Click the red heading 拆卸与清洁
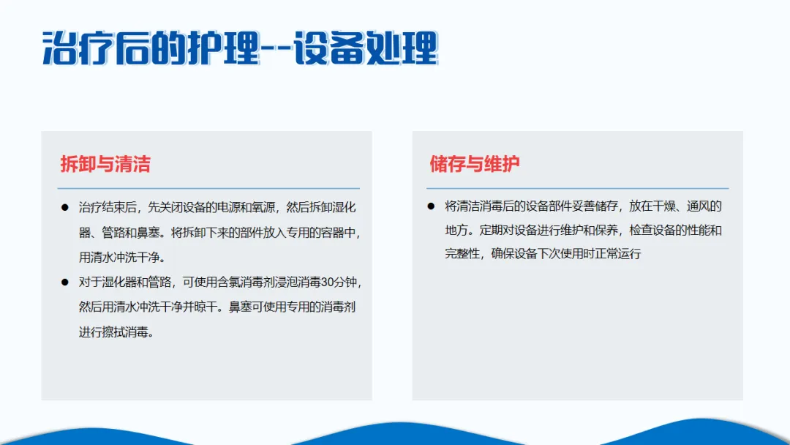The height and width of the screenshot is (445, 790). click(x=105, y=164)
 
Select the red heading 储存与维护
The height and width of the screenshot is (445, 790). click(x=475, y=164)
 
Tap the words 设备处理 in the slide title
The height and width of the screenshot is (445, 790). click(x=366, y=48)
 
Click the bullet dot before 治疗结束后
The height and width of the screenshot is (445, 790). click(x=64, y=207)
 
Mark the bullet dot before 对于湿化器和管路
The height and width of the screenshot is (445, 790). click(x=64, y=283)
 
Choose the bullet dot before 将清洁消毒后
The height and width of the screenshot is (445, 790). click(x=431, y=206)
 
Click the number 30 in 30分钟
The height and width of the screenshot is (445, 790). click(x=328, y=283)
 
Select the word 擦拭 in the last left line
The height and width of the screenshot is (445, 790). click(x=113, y=332)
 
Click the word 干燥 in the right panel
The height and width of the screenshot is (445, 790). click(x=664, y=206)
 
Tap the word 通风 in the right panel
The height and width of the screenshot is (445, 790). click(x=699, y=206)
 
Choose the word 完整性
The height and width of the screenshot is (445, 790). click(x=462, y=253)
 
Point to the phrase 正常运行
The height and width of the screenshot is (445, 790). click(x=617, y=253)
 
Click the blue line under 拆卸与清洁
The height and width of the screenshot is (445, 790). click(x=208, y=189)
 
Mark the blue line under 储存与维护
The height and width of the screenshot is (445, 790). click(x=577, y=189)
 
